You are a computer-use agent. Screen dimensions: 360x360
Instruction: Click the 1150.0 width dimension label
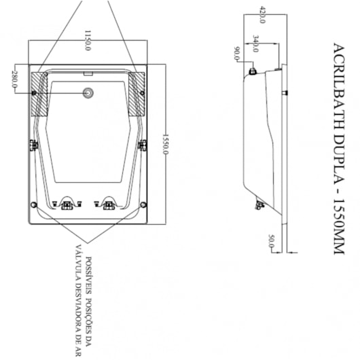[88, 40]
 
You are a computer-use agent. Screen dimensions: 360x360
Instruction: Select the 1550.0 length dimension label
[165, 144]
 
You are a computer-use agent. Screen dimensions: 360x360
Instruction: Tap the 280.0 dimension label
[14, 79]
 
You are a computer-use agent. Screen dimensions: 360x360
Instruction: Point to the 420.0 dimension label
[262, 14]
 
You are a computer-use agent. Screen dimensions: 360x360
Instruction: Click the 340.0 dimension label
[255, 43]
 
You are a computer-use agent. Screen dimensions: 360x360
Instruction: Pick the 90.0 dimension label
[236, 54]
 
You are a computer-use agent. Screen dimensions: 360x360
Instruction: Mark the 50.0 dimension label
[272, 241]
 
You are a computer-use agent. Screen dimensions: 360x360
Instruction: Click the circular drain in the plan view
[88, 93]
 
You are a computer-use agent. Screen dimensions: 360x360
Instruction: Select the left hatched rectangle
[39, 94]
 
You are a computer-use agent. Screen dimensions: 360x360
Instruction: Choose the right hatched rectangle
[137, 94]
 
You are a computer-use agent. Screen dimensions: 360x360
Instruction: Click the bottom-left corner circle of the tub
[34, 204]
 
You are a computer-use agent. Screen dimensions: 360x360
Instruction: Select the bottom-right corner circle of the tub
[143, 204]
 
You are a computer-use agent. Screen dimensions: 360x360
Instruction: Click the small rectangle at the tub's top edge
[88, 74]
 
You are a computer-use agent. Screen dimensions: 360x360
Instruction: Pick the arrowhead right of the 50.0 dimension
[289, 253]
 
